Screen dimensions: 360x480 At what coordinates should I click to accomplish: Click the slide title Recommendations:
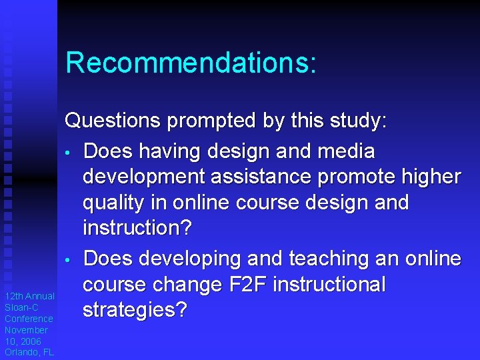pyautogui.click(x=191, y=63)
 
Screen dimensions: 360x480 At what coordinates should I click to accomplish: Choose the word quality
pyautogui.click(x=119, y=203)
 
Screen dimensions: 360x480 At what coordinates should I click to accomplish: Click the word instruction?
pyautogui.click(x=137, y=228)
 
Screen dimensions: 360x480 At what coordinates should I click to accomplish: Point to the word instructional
pyautogui.click(x=329, y=285)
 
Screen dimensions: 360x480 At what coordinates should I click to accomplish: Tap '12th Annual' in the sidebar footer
pyautogui.click(x=29, y=296)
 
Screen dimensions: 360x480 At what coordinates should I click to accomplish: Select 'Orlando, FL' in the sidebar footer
pyautogui.click(x=29, y=352)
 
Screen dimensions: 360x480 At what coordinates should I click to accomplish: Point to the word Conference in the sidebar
pyautogui.click(x=29, y=319)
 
